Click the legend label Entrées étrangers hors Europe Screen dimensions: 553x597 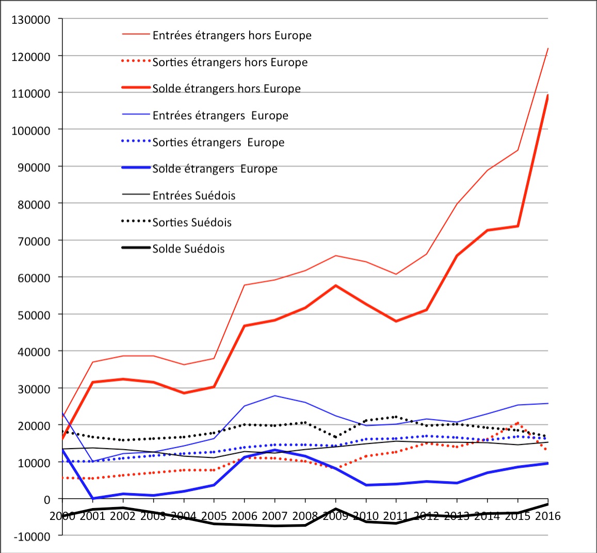(232, 36)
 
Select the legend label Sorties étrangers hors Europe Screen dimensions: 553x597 (230, 62)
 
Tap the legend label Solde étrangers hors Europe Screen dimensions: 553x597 (227, 89)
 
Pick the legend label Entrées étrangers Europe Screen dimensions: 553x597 (220, 116)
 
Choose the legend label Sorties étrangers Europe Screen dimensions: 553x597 (218, 143)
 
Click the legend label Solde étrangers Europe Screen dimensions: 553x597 (215, 169)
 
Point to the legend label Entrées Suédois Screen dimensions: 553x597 (194, 196)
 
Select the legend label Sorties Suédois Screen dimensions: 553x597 (192, 223)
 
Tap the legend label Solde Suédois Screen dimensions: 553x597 (188, 249)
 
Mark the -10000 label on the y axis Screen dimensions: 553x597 (31, 536)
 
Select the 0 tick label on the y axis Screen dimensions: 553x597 (46, 499)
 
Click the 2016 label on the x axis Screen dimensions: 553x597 (547, 516)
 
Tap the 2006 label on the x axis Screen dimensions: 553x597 (244, 516)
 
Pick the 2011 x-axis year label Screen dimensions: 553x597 (396, 516)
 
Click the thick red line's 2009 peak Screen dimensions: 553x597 (336, 286)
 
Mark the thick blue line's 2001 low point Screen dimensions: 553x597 (92, 498)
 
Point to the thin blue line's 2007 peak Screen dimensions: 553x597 (275, 396)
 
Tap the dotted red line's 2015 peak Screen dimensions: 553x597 (518, 423)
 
